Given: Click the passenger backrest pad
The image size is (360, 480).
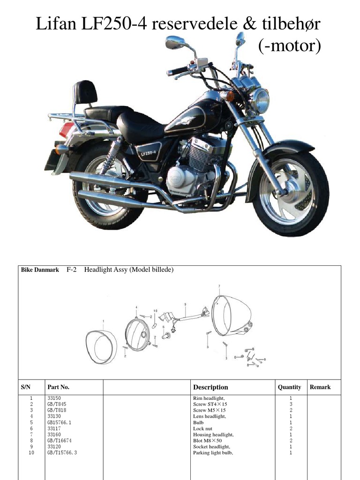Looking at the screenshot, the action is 85,92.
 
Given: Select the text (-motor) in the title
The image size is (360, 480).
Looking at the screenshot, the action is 289,46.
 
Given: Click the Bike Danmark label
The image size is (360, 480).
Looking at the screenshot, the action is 40,270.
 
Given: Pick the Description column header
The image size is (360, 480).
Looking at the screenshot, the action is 210,387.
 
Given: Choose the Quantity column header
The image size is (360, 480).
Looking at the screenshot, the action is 289,387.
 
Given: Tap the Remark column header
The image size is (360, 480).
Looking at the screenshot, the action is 320,387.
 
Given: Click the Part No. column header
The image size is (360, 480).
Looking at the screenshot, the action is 59,387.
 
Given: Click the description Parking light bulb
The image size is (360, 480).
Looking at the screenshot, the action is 213,453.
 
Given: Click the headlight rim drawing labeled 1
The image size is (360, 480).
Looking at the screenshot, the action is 102,347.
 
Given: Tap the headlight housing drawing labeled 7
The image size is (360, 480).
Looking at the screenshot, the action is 231,315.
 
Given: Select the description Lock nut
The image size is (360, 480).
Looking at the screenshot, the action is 202,428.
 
